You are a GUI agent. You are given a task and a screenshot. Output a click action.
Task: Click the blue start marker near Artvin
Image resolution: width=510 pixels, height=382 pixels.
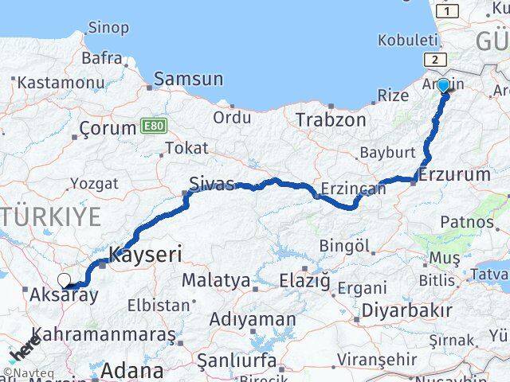coord(443,84)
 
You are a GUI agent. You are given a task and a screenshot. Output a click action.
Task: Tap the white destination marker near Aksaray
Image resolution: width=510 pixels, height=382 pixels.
coord(65,280)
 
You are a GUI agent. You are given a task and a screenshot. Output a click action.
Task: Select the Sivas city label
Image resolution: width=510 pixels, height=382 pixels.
coord(211,185)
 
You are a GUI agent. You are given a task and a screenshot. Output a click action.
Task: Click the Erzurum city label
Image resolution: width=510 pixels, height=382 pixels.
coord(454,174)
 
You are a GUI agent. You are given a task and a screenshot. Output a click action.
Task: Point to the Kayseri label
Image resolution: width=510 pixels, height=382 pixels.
coord(145,255)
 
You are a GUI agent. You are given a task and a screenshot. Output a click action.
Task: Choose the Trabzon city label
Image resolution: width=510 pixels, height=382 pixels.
coord(331,120)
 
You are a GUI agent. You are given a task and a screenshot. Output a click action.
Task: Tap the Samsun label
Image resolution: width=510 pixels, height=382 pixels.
coord(188,79)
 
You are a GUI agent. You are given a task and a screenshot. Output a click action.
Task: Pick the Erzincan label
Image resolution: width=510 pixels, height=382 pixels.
coord(347,190)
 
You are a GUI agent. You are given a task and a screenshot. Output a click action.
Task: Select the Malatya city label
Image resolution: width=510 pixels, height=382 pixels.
coord(215,280)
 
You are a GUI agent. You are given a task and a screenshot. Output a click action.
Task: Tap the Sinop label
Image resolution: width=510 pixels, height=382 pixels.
coord(108,28)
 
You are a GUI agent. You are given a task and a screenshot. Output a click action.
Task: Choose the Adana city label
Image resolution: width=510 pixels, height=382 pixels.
coord(132,370)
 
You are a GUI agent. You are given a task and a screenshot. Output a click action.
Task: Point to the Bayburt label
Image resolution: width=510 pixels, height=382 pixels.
coord(387,151)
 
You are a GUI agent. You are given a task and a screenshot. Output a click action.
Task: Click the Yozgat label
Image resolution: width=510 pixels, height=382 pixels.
coord(94,184)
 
